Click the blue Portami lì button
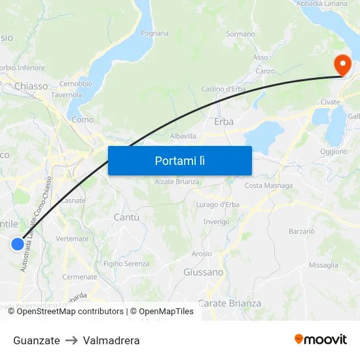coord(179,160)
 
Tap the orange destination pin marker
coord(342,65)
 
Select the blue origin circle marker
coord(18,244)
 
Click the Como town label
coord(82,120)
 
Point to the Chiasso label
coord(31,86)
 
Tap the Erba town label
coord(224,121)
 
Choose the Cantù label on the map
coord(126,217)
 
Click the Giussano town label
coord(204,272)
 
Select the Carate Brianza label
coord(229,303)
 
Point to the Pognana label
coord(154,33)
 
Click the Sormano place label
coord(240,33)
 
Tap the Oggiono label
coord(334,151)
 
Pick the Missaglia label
coord(323,265)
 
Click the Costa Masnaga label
coord(268,186)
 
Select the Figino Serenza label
coord(126,264)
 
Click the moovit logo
coord(321,340)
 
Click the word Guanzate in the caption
coord(36,340)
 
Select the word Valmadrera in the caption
coord(111,340)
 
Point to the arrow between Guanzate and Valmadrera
coord(71,340)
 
